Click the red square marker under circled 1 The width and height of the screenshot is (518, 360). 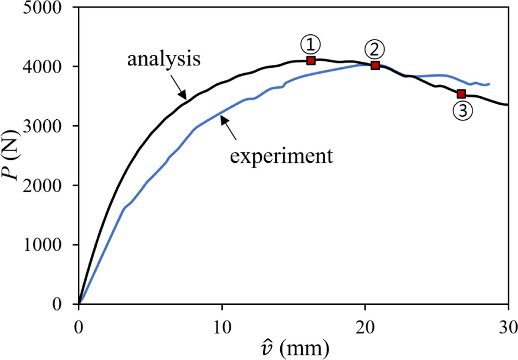311,60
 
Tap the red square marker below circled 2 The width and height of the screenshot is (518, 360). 375,65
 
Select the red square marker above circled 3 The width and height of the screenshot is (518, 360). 461,94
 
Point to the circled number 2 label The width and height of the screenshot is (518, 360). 375,50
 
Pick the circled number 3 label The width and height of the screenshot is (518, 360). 462,111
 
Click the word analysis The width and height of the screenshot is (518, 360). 164,59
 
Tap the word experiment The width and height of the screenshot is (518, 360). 281,156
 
